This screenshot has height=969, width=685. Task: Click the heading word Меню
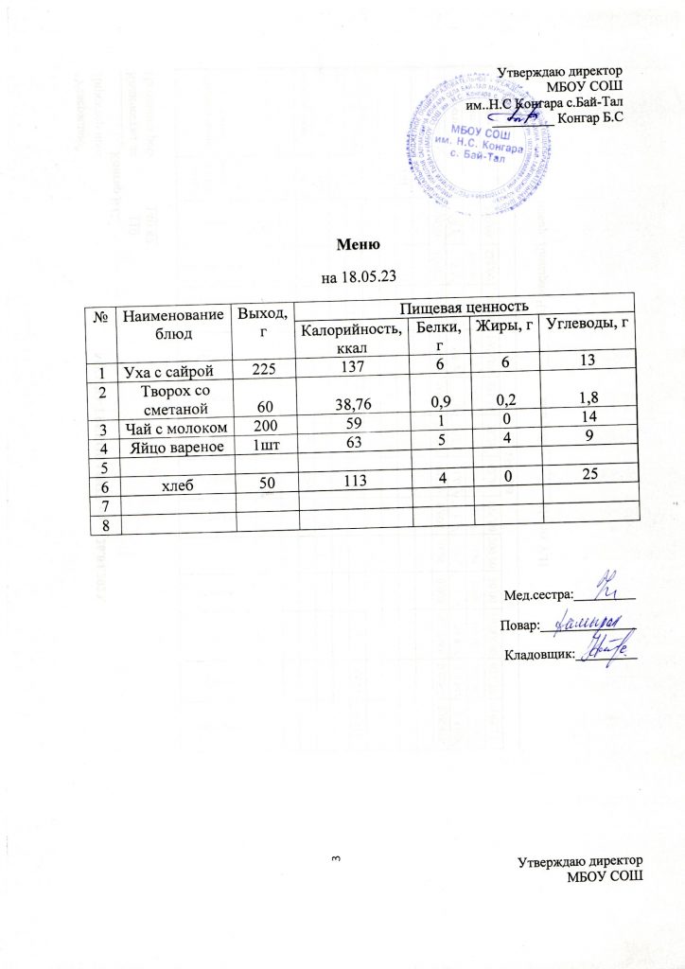click(360, 244)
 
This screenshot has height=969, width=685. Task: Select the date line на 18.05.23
click(360, 278)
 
